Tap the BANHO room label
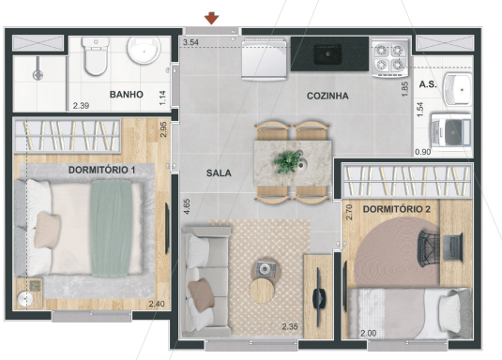point(126,95)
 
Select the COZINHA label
point(327,96)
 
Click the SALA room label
point(220,172)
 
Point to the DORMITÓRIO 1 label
point(102,170)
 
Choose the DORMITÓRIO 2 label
point(395,209)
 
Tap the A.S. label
point(428,85)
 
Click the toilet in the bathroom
point(95,59)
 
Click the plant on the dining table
point(287,161)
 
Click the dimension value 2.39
point(82,105)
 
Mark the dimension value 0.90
point(422,151)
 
